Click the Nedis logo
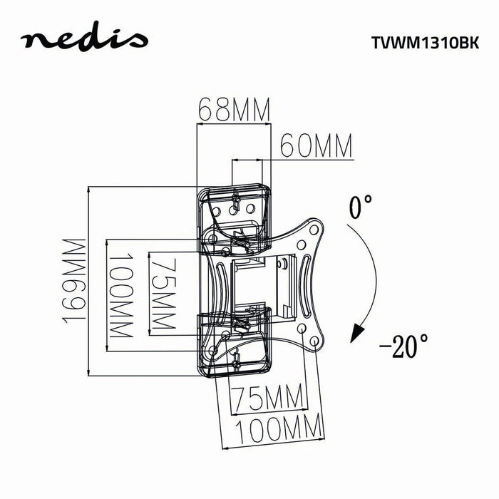coord(85,40)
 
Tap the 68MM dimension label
coord(233,111)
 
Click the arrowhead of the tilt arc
coord(356,331)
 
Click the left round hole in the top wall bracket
coord(234,210)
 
